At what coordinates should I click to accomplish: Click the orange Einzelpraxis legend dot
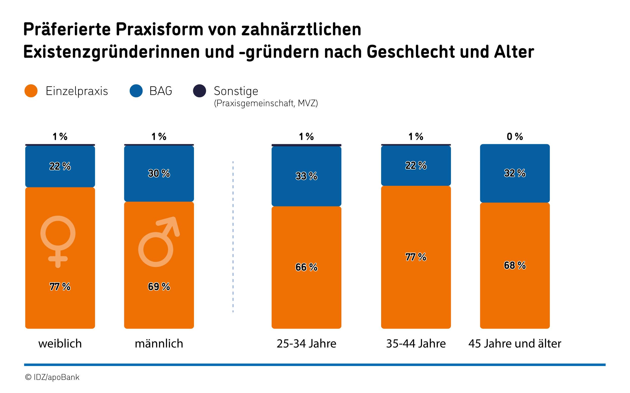pos(31,91)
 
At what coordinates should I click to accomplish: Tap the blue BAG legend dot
pos(136,91)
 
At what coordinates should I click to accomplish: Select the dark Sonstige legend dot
pos(200,91)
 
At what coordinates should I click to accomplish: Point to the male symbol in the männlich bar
pos(159,242)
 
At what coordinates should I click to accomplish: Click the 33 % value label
pos(306,176)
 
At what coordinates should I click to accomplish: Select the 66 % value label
pos(306,267)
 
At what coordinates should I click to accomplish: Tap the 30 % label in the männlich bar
pos(159,173)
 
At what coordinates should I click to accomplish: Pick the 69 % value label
pos(159,287)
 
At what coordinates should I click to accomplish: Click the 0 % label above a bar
pos(515,137)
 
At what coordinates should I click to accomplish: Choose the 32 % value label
pos(515,173)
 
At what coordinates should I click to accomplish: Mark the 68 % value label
pos(515,265)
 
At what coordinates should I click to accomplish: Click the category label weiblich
pos(60,344)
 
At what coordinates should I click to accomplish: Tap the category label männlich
pos(159,344)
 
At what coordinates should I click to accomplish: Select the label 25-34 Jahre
pos(306,344)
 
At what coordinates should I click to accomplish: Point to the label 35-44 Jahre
pos(416,344)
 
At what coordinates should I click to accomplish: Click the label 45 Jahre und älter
pos(515,344)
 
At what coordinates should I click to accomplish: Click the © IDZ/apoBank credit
pos(52,377)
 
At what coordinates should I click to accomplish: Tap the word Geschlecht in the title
pos(411,52)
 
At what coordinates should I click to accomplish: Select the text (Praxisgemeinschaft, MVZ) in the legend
pos(266,103)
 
